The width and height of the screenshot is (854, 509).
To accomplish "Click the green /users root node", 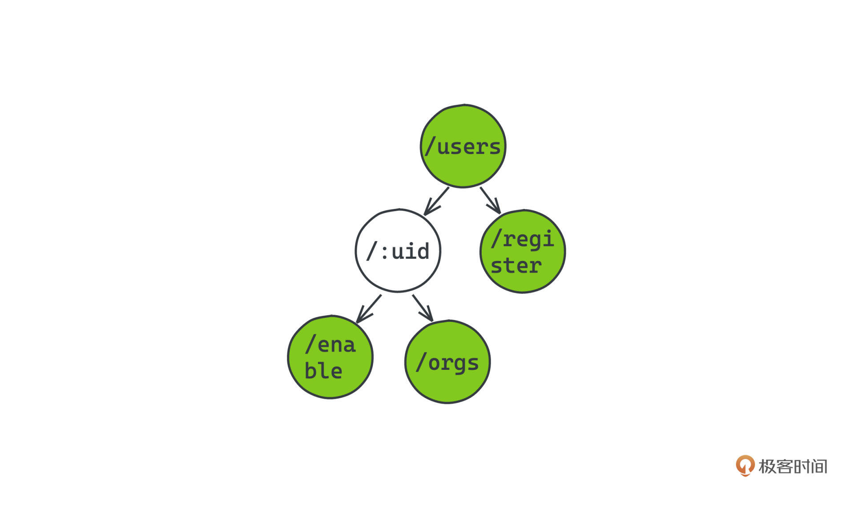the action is (x=463, y=146).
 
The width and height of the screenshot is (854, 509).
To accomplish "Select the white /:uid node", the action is (x=398, y=251).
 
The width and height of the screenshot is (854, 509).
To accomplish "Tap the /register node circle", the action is (x=523, y=251).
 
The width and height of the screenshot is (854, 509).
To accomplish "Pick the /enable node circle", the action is (x=330, y=357).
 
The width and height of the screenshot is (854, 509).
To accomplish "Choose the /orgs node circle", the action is (x=447, y=362).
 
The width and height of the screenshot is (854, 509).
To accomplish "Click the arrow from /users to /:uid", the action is (x=436, y=201).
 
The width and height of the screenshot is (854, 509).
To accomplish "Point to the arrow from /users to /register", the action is (x=490, y=200).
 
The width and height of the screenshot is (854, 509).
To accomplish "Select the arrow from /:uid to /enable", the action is (x=369, y=309).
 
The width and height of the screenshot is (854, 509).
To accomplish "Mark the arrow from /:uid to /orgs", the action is (x=423, y=308).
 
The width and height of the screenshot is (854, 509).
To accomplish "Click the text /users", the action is (x=463, y=146).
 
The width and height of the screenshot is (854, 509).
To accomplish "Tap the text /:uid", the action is (x=398, y=251).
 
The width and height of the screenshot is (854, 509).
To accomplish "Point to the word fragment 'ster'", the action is (x=516, y=265).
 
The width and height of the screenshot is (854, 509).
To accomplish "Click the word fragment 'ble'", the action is (x=323, y=370).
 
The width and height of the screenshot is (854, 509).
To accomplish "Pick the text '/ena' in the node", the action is (x=330, y=345).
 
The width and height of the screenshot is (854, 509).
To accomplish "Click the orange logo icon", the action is (x=745, y=465).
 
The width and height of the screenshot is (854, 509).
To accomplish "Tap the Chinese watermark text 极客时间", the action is (x=793, y=466).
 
